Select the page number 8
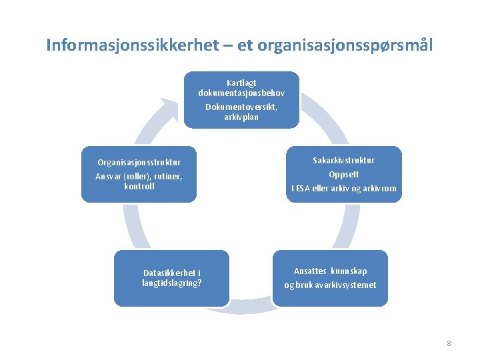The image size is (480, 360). click(x=449, y=343)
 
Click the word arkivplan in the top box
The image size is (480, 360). click(x=241, y=117)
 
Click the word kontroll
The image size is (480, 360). click(x=139, y=187)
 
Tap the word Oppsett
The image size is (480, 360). click(x=344, y=174)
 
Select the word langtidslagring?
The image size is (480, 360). click(x=172, y=282)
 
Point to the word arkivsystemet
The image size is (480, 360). click(x=349, y=285)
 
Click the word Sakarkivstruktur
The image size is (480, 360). click(x=344, y=160)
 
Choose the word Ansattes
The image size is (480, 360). click(x=310, y=271)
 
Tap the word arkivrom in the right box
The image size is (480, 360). click(x=379, y=189)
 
